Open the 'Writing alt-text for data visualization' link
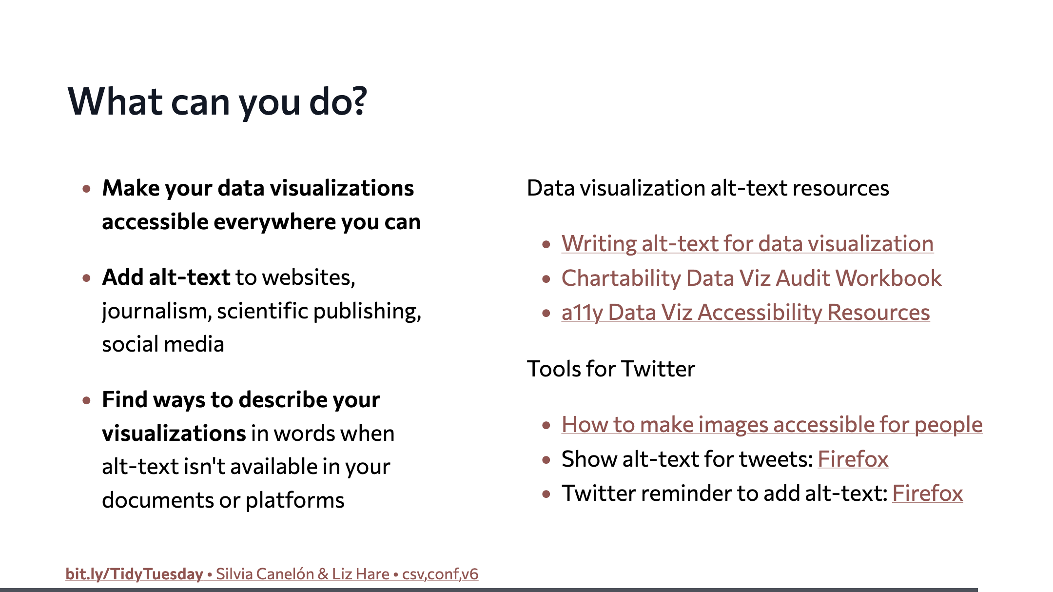coord(747,244)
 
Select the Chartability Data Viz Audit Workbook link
coord(751,278)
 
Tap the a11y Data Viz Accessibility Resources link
coord(745,313)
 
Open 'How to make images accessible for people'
coord(772,425)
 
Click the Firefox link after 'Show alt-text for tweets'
coord(853,459)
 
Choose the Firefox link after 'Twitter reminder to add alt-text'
coord(928,493)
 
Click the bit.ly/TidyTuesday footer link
coord(134,574)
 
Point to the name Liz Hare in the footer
coord(360,574)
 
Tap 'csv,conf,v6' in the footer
coord(440,574)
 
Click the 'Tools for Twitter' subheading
coord(611,369)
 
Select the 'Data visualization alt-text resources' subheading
coord(708,188)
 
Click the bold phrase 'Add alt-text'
coord(166,277)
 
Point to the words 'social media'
coord(163,344)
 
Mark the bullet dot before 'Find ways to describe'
coord(87,401)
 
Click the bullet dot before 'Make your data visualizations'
coord(87,189)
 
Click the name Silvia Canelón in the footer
coord(265,574)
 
